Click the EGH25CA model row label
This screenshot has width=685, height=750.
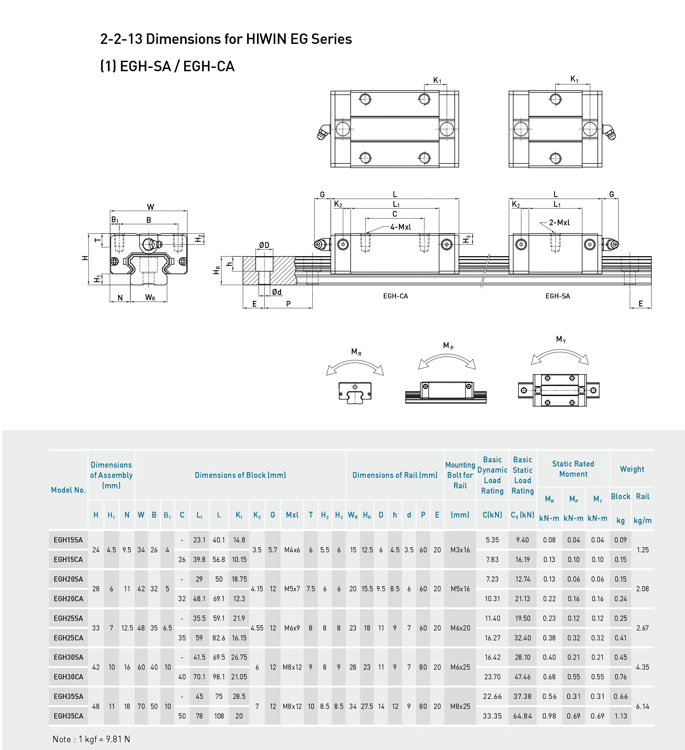coord(68,638)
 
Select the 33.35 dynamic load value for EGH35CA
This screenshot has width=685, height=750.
coord(492,716)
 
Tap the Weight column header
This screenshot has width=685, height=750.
coord(632,469)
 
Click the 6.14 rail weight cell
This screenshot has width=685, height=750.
coord(642,706)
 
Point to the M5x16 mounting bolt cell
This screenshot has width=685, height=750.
coord(460,589)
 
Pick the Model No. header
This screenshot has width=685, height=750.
coord(68,490)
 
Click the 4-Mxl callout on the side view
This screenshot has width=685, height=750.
coord(400,227)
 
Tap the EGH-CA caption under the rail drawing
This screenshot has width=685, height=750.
coord(396,296)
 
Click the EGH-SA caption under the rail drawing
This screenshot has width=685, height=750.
coord(557,296)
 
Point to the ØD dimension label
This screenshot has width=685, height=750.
coord(264,245)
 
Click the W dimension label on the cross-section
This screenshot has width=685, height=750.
coord(150,207)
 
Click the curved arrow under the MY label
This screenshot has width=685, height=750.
coord(560,355)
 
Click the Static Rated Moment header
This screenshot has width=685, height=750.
coord(573,469)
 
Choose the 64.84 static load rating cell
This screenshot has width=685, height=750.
coord(522,716)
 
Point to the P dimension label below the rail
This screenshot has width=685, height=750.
coord(288,304)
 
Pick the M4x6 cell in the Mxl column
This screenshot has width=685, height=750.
coord(292,550)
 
